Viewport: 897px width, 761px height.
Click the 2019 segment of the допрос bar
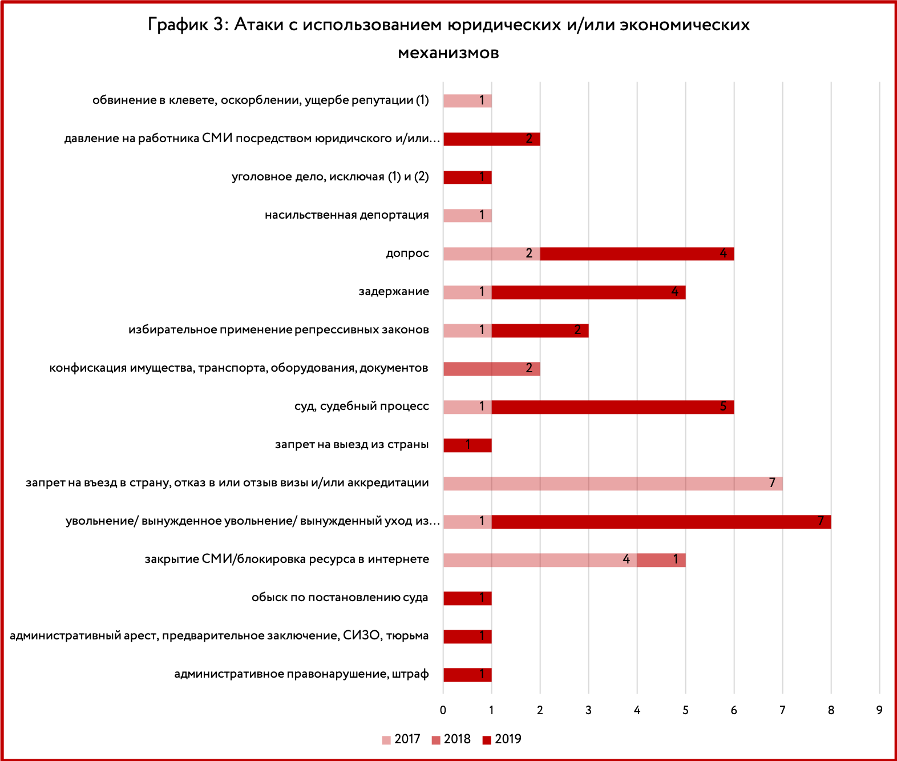tap(637, 254)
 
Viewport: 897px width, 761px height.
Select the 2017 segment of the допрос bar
tap(492, 254)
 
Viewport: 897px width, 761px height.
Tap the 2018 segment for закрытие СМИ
tap(661, 560)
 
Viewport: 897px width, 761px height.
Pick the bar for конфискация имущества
tap(492, 369)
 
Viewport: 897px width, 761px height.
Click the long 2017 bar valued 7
tap(613, 484)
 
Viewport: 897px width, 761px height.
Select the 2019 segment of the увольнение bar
tap(661, 522)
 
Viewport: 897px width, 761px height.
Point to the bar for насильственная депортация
tap(467, 216)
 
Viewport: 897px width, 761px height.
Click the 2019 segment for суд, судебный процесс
tap(613, 407)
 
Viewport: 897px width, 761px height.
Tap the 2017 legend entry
tap(401, 739)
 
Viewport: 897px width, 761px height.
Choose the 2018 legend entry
tap(451, 739)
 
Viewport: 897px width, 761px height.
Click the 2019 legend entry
tap(502, 739)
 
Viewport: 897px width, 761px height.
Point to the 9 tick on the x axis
tap(879, 710)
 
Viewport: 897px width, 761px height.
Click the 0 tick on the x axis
tap(443, 710)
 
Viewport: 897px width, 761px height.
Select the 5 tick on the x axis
tap(685, 710)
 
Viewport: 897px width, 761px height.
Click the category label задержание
tap(394, 291)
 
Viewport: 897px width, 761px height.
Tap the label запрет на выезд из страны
tap(352, 445)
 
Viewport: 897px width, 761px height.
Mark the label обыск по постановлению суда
tap(340, 598)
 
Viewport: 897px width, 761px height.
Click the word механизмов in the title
tap(448, 53)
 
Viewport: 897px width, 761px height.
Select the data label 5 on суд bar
tap(723, 406)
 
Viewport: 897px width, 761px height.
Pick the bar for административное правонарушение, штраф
tap(467, 675)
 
